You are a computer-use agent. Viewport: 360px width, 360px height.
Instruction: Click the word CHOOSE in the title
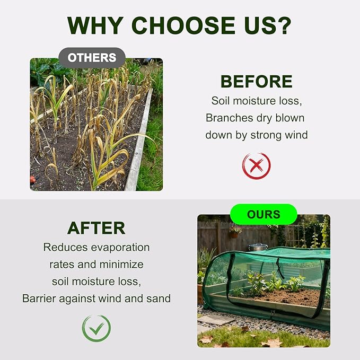coord(183,25)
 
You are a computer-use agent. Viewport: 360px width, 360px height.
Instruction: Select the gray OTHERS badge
coord(92,58)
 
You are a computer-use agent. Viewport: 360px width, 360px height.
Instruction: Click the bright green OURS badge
coord(264,214)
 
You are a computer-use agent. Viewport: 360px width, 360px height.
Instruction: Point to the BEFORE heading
coord(257,82)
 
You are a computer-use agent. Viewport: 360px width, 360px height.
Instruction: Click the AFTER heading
coord(96,228)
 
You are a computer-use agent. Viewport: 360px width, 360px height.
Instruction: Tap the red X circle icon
coord(257,166)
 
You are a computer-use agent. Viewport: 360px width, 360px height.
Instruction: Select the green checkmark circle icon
coord(96,328)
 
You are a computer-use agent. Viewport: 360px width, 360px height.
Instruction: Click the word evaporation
coord(120,248)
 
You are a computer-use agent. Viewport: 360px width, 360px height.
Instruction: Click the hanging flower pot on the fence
coord(235,232)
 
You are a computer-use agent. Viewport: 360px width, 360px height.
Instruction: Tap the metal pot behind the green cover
coord(258,247)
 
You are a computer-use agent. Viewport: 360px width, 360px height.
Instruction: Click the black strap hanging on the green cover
coord(279,267)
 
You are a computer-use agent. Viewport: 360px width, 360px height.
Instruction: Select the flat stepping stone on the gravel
coord(213,320)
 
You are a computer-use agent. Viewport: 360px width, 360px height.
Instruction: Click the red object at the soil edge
coord(33,179)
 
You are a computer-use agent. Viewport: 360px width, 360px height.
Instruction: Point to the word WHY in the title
coord(95,25)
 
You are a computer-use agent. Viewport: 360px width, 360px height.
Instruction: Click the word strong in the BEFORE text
coord(266,135)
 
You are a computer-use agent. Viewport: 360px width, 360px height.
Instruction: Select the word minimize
coord(121,265)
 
